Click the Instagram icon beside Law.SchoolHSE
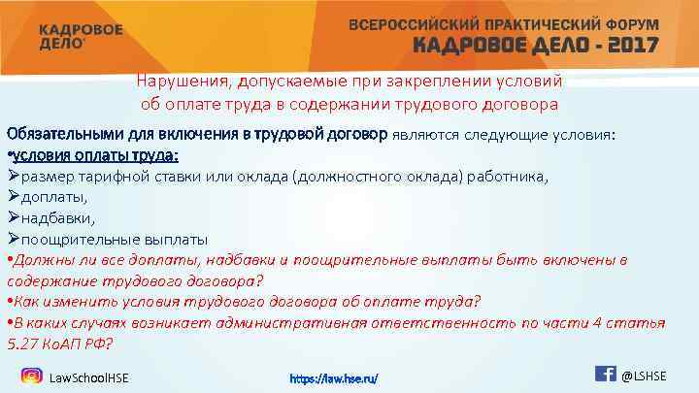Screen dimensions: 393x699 [32, 375]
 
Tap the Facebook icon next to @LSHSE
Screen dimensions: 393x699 [604, 373]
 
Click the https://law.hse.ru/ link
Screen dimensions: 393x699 [335, 377]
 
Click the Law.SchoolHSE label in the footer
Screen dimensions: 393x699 [88, 377]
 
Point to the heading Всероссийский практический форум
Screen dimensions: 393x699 [504, 23]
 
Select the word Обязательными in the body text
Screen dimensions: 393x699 [60, 133]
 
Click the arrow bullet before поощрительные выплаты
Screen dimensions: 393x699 [13, 239]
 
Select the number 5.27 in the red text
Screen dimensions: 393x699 [24, 344]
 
